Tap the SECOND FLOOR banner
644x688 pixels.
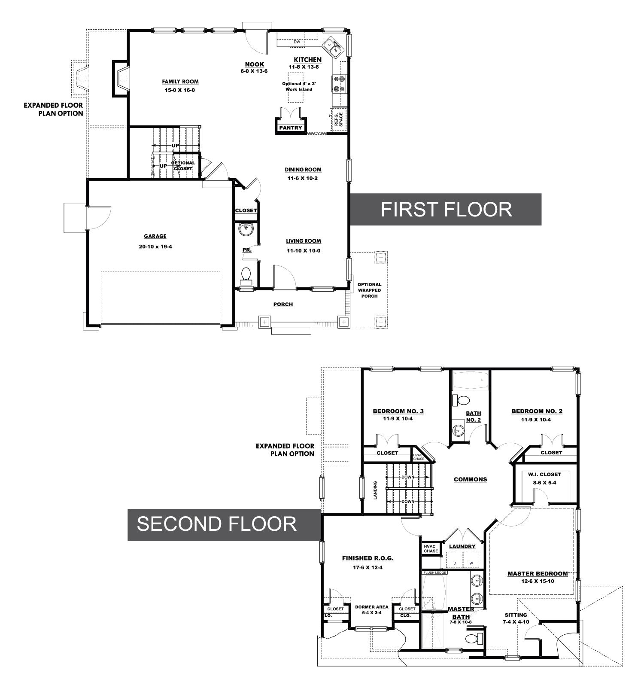point(225,524)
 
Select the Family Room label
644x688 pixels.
point(180,82)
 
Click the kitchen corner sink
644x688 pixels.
point(333,47)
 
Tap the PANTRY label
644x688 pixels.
point(291,128)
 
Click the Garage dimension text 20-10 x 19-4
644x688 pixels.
point(155,247)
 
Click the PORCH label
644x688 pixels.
point(283,304)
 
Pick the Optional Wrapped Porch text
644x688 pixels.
point(370,290)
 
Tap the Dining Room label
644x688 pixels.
point(303,170)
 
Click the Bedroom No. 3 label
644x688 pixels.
point(398,411)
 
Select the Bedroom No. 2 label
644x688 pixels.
point(537,411)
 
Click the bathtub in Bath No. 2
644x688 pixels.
point(471,381)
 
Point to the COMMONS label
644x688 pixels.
point(471,479)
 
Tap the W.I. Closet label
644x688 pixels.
point(544,475)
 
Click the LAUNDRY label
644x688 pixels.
point(462,547)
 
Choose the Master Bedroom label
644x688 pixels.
point(538,574)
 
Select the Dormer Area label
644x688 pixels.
point(372,607)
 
